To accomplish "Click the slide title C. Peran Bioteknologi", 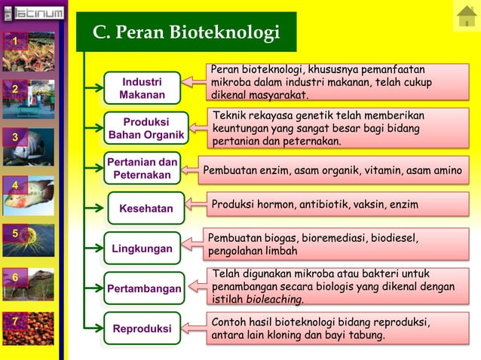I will [185, 32].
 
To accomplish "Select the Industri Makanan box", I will [142, 87].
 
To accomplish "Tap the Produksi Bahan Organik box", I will [146, 128].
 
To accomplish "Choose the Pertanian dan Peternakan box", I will [142, 169].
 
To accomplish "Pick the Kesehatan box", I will [146, 209].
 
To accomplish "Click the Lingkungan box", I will [142, 249].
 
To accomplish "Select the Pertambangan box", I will [144, 288].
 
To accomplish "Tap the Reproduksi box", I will [142, 329].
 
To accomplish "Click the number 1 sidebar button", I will [14, 41].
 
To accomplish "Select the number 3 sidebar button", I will [14, 136].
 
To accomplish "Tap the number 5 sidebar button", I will [14, 233].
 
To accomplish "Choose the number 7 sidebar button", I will [14, 322].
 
